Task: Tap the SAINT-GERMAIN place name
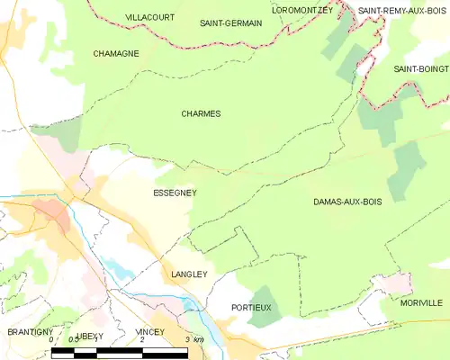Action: pos(230,22)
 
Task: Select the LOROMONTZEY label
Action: pos(302,10)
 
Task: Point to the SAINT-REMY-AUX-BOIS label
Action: pos(403,11)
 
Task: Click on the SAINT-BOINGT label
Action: pos(420,68)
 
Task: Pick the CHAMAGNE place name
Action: pos(115,54)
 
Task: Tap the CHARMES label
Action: pos(201,113)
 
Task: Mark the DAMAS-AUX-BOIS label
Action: pos(347,202)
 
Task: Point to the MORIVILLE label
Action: pos(421,303)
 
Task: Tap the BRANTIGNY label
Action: pos(31,332)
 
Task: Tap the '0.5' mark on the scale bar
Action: pos(73,340)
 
